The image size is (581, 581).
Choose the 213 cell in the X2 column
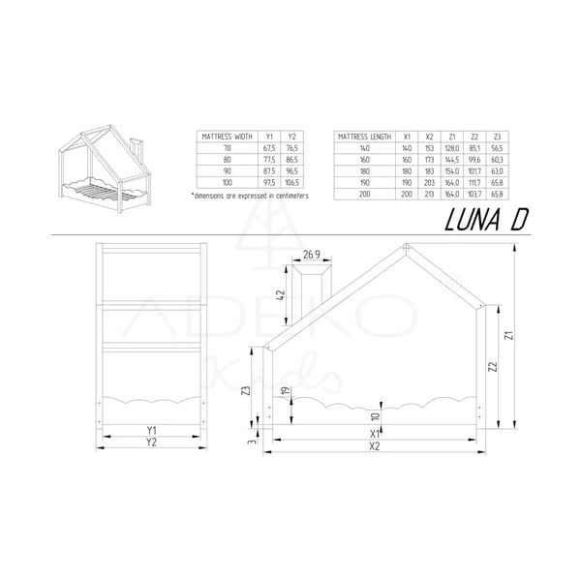pyautogui.click(x=429, y=193)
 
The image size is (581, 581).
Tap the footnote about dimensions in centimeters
pyautogui.click(x=250, y=195)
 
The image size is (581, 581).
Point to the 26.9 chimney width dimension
pyautogui.click(x=312, y=256)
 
